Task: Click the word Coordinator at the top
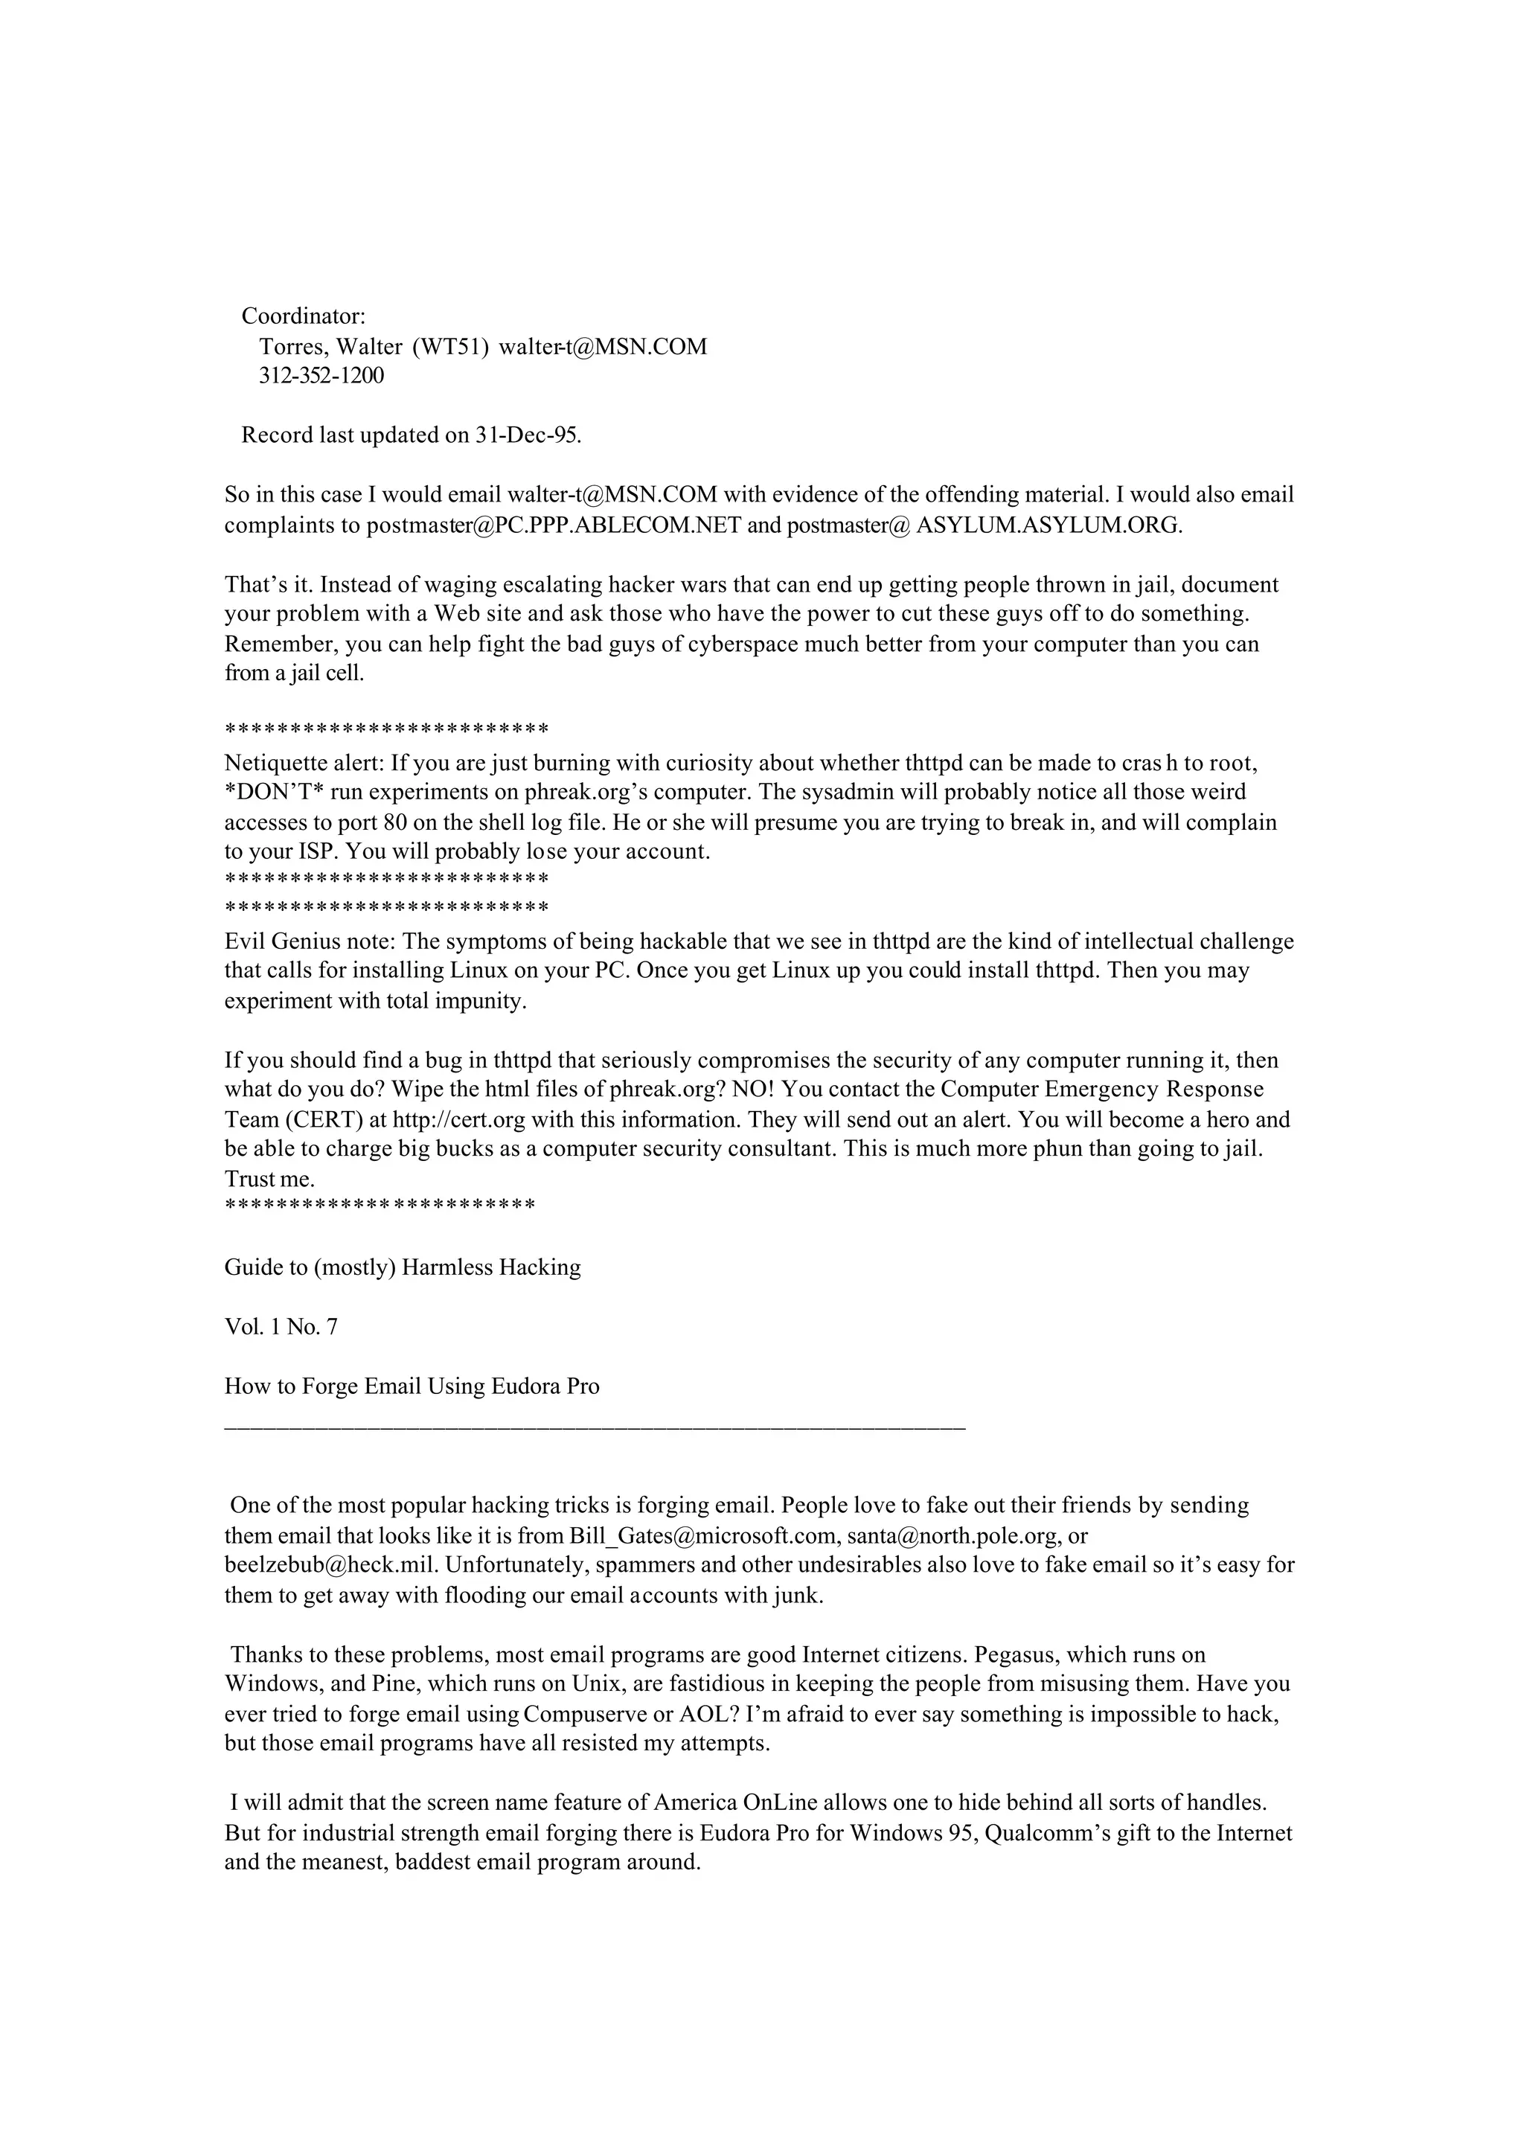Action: [x=303, y=316]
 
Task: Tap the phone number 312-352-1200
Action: [x=322, y=375]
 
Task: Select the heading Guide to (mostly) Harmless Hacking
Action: [x=403, y=1268]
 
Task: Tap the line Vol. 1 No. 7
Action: [x=281, y=1327]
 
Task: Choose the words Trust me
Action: [x=269, y=1180]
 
